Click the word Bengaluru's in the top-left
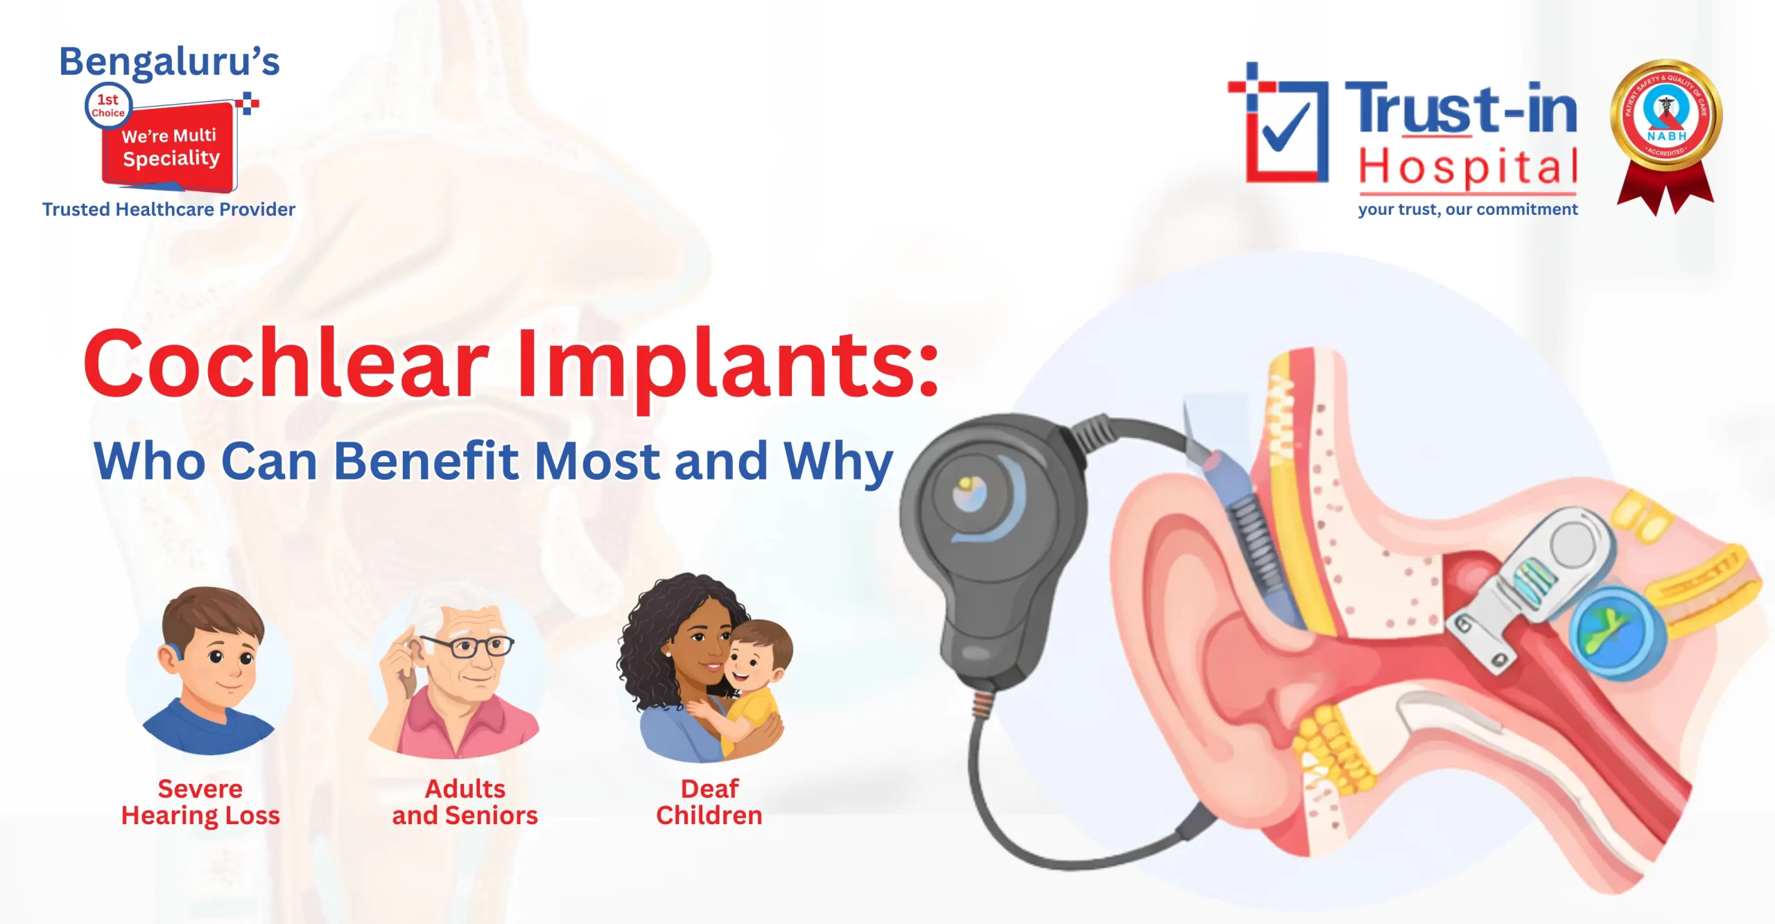pyautogui.click(x=169, y=62)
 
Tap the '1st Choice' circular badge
pyautogui.click(x=108, y=106)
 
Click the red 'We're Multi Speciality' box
pyautogui.click(x=171, y=148)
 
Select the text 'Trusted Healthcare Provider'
pyautogui.click(x=168, y=209)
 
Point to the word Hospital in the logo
pyautogui.click(x=1467, y=167)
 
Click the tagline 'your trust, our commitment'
pyautogui.click(x=1467, y=209)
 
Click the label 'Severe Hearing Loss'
pyautogui.click(x=200, y=802)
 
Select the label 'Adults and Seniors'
pyautogui.click(x=465, y=802)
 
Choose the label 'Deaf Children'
pyautogui.click(x=709, y=802)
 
